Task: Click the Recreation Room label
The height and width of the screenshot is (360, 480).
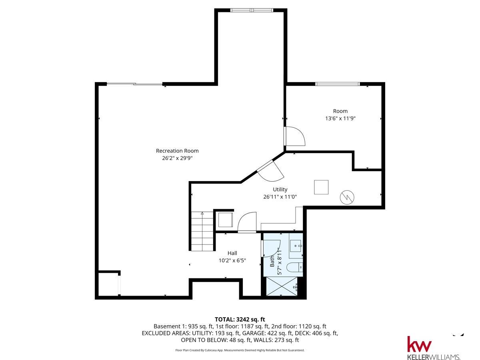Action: [177, 151]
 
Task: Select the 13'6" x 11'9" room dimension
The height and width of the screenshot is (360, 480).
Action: [340, 118]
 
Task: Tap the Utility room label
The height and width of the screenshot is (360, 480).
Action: [280, 189]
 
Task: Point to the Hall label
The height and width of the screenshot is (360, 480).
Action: [232, 253]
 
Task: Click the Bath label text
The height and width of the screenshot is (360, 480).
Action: [272, 261]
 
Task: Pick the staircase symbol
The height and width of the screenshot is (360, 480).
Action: [202, 231]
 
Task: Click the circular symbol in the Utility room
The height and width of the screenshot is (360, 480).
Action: [347, 197]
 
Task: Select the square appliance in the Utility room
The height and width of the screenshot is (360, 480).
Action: [321, 187]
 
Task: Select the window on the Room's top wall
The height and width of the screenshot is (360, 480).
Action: [337, 84]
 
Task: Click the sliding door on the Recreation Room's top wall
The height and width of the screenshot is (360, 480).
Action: [135, 84]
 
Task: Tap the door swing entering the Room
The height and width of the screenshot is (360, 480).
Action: [295, 136]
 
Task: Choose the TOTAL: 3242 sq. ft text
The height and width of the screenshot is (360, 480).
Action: [240, 319]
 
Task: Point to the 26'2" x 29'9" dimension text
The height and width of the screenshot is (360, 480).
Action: [177, 158]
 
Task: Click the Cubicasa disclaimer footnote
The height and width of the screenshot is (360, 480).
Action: [240, 350]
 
